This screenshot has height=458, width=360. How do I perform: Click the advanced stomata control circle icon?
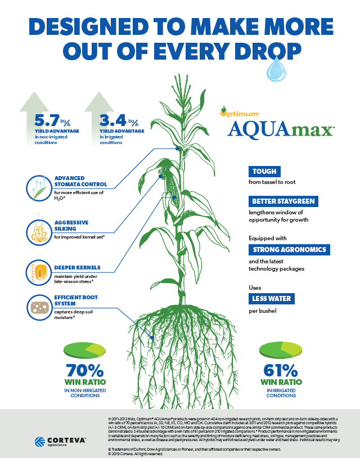tap(39, 188)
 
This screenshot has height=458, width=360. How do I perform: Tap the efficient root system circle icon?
tap(39, 307)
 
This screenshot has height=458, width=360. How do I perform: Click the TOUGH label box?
tap(263, 172)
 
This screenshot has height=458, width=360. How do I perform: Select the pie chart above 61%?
tap(280, 349)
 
